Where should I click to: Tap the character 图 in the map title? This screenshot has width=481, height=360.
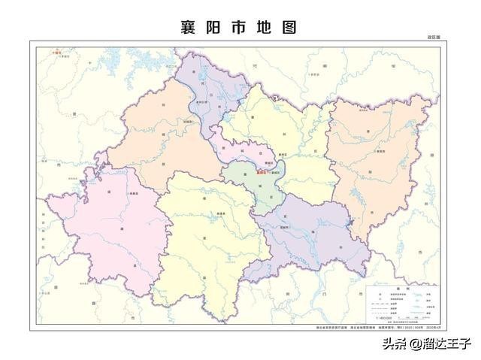287,28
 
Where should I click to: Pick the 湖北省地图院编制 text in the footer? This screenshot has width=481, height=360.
347,328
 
